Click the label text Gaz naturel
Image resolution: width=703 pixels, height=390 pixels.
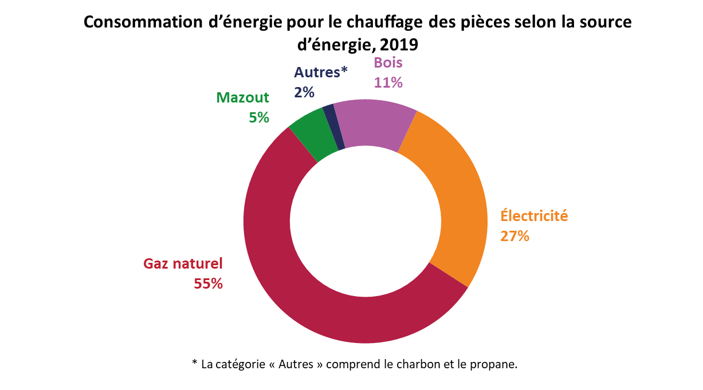point(183,264)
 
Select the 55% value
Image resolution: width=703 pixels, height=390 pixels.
point(208,283)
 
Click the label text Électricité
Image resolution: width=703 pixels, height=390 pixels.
point(534,216)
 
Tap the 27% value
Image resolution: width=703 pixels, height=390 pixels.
point(515,236)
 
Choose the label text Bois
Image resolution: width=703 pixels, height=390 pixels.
point(388,64)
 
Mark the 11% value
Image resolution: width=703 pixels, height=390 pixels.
point(388,83)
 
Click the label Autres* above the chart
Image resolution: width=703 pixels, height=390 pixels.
point(321,72)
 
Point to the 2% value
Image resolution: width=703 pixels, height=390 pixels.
point(305,92)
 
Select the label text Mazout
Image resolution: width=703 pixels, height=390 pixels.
point(242,97)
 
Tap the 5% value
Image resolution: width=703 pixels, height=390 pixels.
point(259,117)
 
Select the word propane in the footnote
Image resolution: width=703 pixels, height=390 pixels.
point(496,364)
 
